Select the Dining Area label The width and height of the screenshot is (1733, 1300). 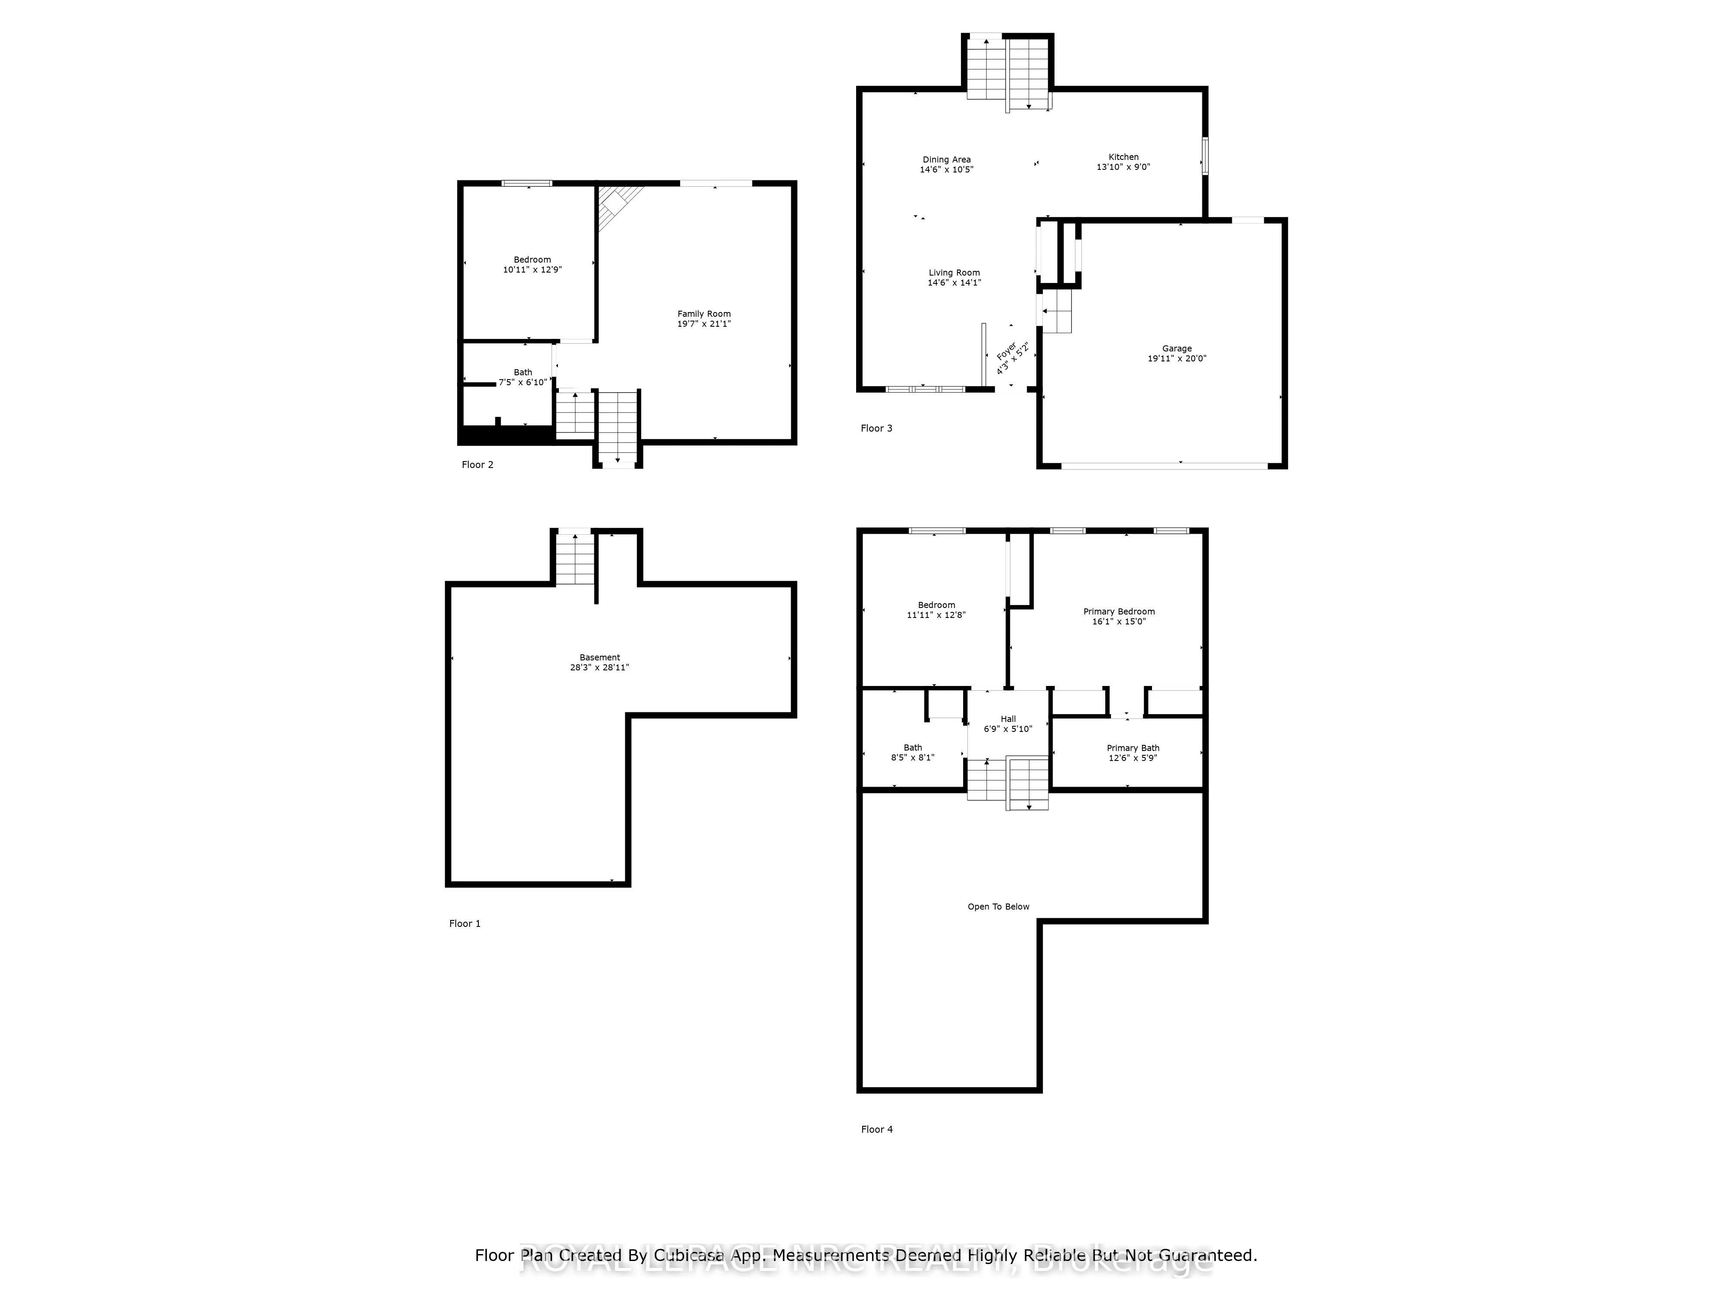946,160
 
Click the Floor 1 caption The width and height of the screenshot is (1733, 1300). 464,924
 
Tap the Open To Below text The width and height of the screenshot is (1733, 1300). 998,907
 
